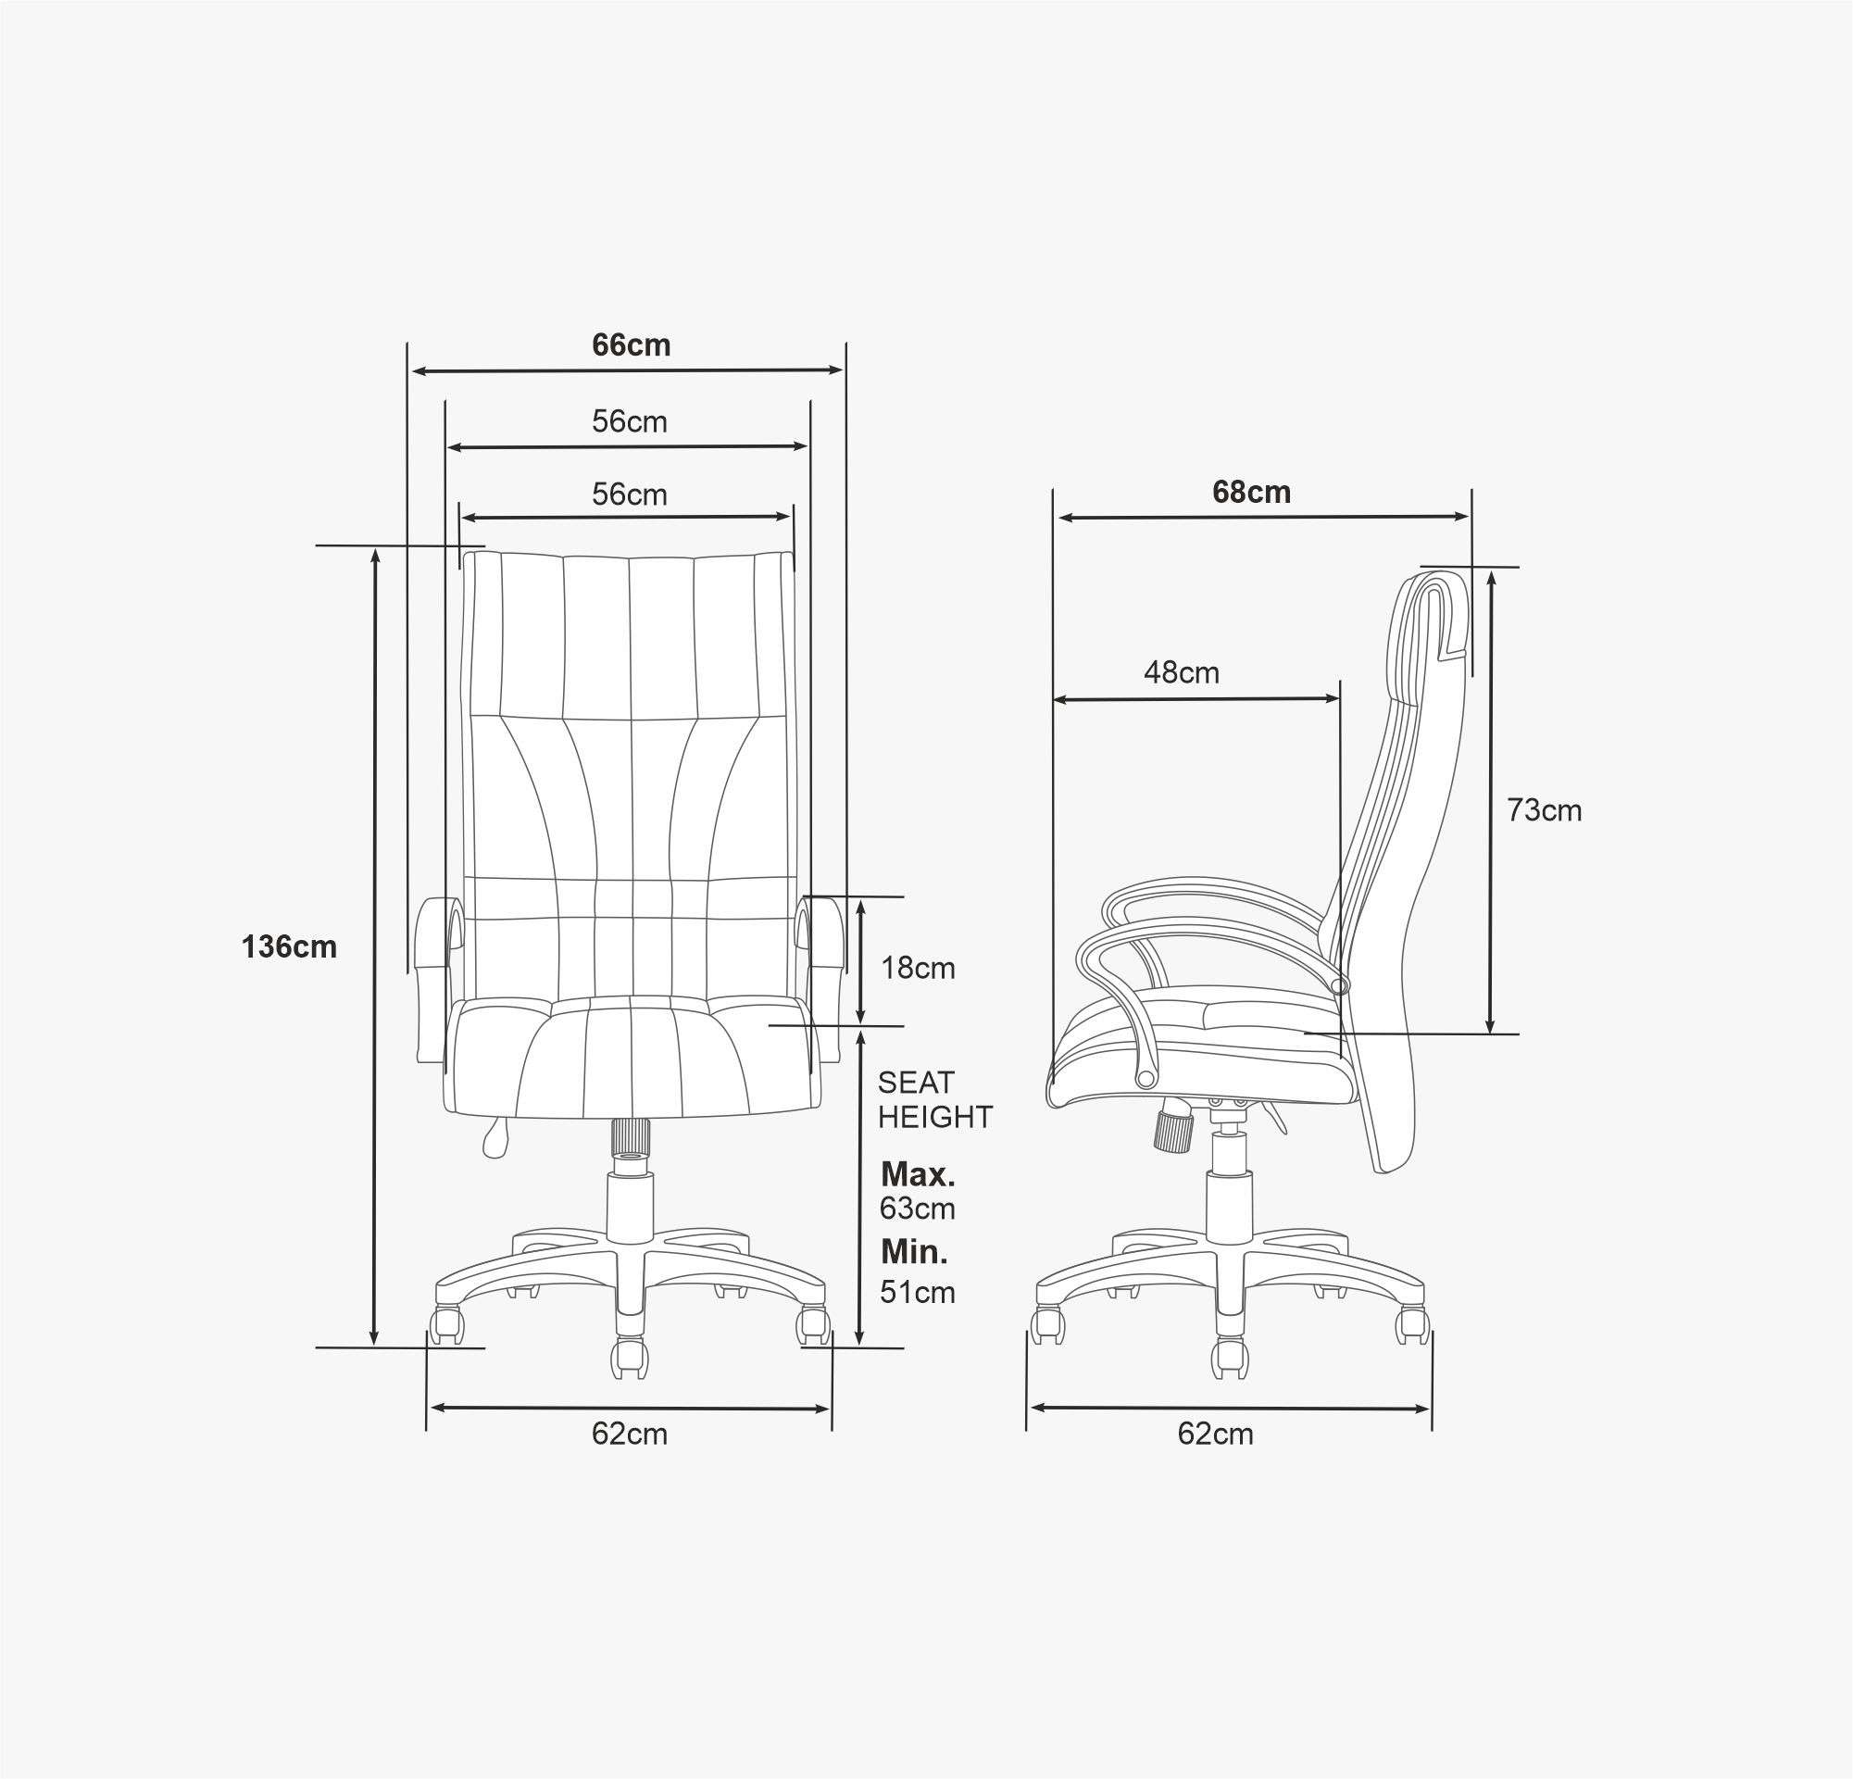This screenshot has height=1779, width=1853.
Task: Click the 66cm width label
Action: pyautogui.click(x=632, y=345)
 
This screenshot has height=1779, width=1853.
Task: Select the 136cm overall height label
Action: pyautogui.click(x=289, y=946)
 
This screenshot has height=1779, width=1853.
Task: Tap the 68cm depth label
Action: pyautogui.click(x=1252, y=492)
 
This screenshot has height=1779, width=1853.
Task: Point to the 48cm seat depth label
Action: pyautogui.click(x=1182, y=672)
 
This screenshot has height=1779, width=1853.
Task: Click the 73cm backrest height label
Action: pyautogui.click(x=1544, y=810)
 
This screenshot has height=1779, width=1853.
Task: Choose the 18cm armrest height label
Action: pyautogui.click(x=918, y=968)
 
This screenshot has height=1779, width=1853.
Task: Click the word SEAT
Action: pyautogui.click(x=916, y=1083)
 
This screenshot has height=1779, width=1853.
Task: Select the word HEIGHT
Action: pyautogui.click(x=935, y=1117)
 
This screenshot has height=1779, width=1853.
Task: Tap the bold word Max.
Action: pyautogui.click(x=918, y=1175)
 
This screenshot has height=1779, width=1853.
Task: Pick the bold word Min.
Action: pyautogui.click(x=914, y=1252)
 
